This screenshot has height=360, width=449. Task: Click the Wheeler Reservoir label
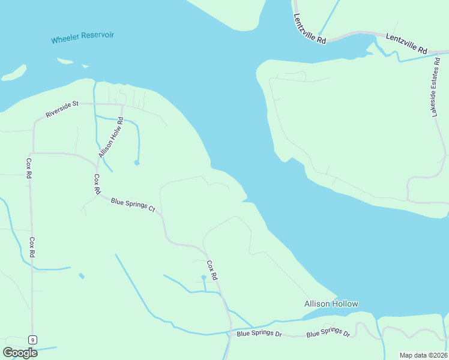[x=82, y=37]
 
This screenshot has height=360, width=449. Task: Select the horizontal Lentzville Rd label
[x=406, y=44]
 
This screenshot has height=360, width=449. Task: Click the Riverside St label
[x=62, y=109]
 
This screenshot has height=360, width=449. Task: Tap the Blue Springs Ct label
[x=133, y=205]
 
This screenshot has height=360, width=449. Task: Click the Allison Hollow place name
[x=331, y=304]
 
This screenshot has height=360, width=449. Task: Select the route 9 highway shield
[x=32, y=340]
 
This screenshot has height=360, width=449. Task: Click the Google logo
[x=20, y=353]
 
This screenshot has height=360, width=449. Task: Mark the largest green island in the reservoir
[x=14, y=73]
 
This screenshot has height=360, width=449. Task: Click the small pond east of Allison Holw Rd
[x=137, y=163]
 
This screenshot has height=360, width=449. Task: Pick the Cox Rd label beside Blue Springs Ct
[x=97, y=183]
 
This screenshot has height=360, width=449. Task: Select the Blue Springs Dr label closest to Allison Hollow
[x=328, y=333]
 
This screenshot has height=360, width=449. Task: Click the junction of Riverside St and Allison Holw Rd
[x=122, y=104]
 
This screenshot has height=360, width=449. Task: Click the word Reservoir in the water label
[x=97, y=36]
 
